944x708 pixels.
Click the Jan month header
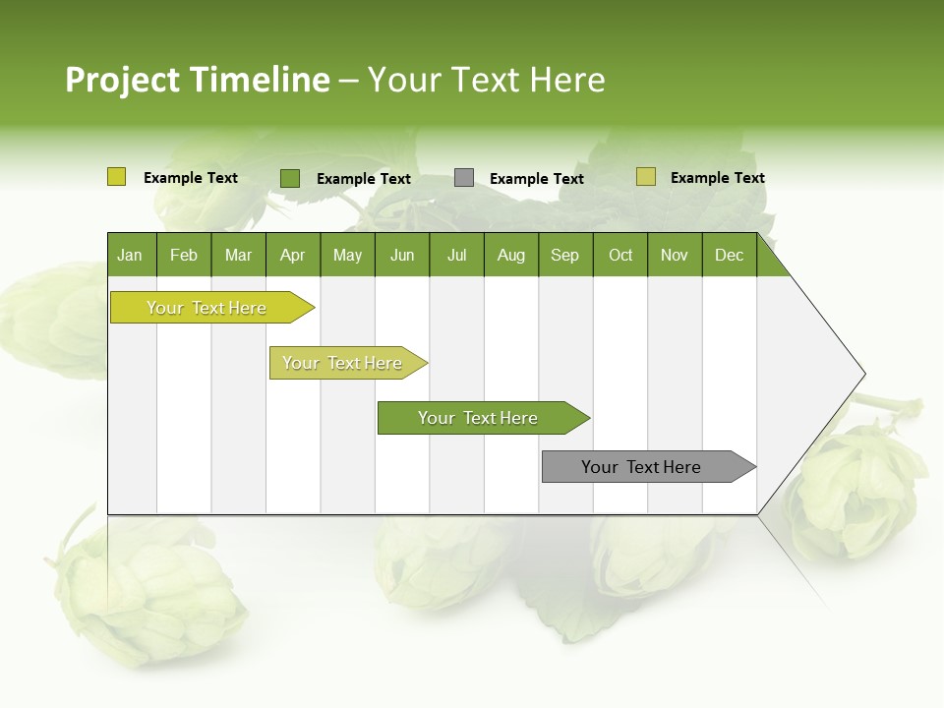tap(130, 255)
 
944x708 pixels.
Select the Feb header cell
tap(184, 255)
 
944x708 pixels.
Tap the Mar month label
tap(238, 255)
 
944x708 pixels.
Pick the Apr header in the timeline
tap(292, 255)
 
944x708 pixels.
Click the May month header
tap(347, 255)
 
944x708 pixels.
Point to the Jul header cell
tap(456, 255)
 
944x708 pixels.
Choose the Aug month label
tap(511, 255)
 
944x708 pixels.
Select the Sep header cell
tap(565, 255)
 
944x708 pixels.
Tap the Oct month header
tap(620, 255)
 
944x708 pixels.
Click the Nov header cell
tap(675, 255)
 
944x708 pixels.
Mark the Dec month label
tap(730, 255)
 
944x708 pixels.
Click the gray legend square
tap(464, 178)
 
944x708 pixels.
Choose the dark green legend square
tap(290, 178)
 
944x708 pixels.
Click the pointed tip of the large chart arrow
tap(862, 374)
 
